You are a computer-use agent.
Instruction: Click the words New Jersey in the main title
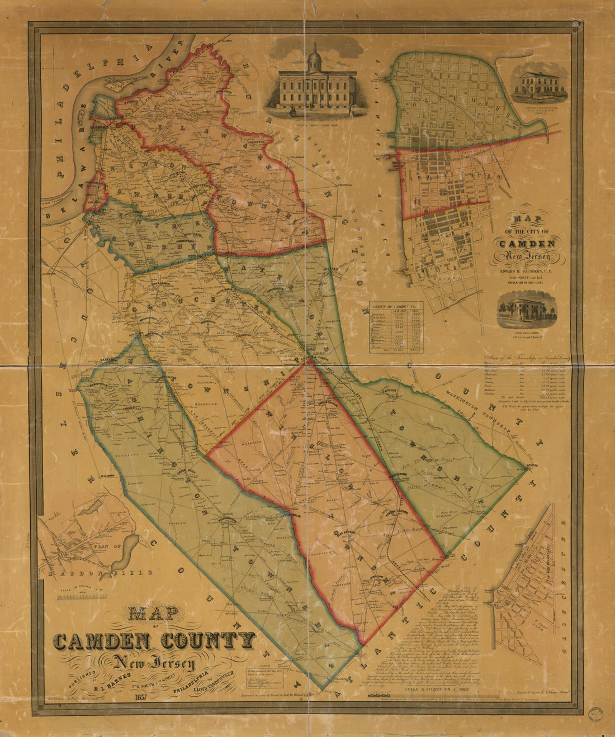[x=153, y=663]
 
